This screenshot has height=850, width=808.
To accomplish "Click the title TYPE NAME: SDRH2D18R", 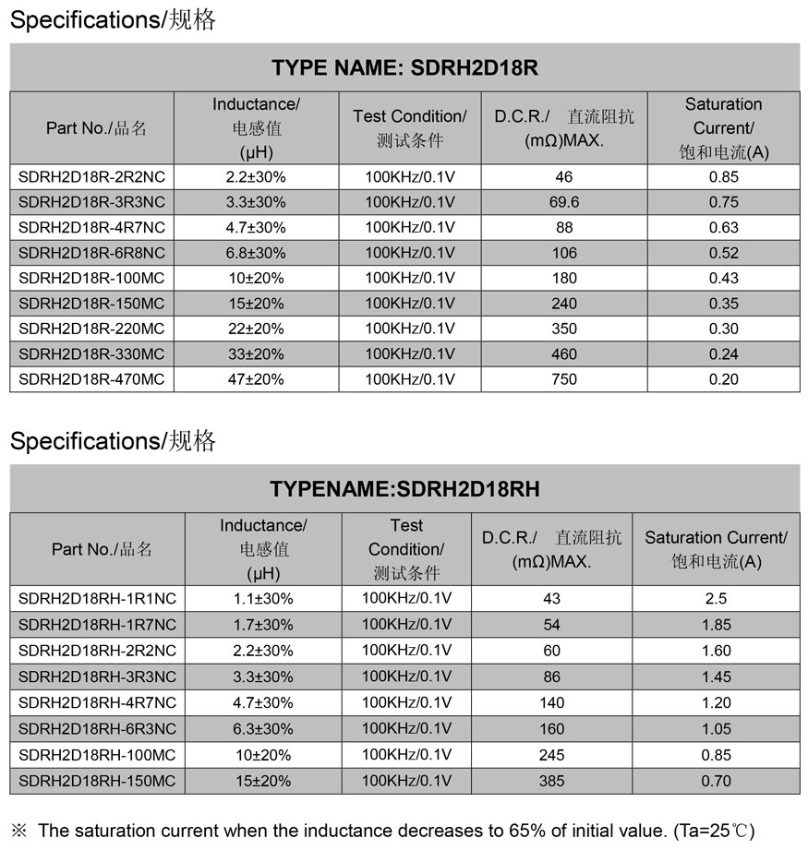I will click(404, 67).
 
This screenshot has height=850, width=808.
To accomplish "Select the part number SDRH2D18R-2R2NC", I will click(91, 176).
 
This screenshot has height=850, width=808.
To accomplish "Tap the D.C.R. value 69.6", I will click(563, 202).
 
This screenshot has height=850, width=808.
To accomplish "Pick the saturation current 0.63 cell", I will click(723, 227).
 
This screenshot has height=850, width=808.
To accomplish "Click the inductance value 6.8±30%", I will click(256, 253).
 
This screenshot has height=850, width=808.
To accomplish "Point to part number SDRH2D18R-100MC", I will click(91, 278).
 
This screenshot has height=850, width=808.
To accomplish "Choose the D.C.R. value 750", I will click(563, 379).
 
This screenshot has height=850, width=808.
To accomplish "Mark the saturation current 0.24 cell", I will click(723, 354).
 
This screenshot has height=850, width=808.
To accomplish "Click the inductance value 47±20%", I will click(256, 379).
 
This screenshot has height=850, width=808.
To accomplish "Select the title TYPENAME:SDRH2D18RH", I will click(404, 489).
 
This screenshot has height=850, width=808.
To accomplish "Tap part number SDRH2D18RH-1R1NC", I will click(97, 598).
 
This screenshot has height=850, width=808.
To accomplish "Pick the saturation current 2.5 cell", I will click(716, 598).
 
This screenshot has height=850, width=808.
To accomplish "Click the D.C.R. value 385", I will click(551, 781).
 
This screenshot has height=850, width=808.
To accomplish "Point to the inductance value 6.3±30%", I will click(262, 729).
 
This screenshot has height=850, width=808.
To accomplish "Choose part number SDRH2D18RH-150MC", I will click(97, 781).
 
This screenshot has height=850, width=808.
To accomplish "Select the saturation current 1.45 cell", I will click(716, 676).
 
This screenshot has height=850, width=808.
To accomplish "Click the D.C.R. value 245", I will click(551, 755).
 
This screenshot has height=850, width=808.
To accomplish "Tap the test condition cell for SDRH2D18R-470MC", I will click(410, 379).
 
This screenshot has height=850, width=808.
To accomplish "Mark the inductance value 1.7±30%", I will click(262, 625).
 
